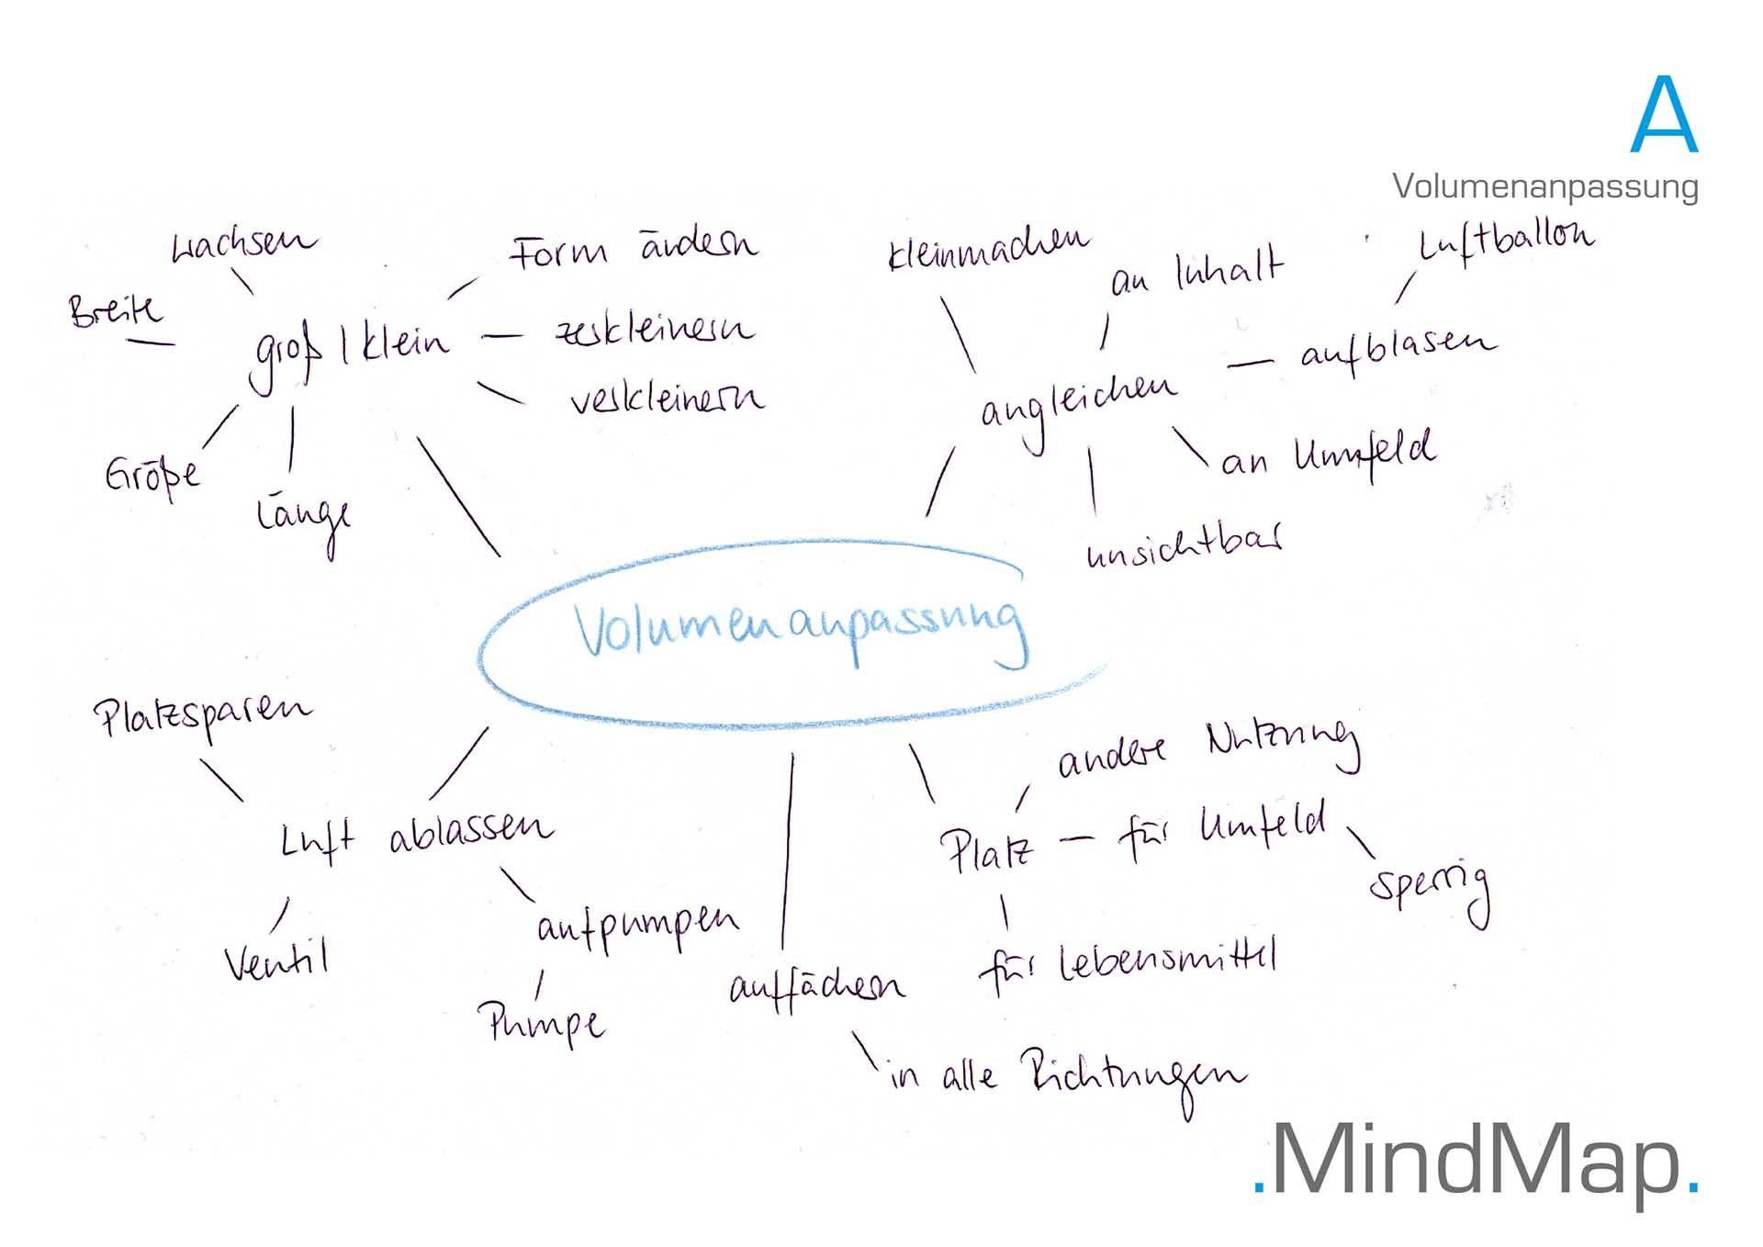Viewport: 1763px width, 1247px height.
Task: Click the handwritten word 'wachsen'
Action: pos(243,244)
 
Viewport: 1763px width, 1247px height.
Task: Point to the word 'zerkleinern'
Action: pos(654,329)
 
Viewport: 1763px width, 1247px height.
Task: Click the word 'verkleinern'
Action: pos(666,399)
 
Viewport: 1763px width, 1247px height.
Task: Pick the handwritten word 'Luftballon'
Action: pos(1506,241)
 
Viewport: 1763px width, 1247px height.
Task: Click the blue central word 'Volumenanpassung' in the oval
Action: pos(799,628)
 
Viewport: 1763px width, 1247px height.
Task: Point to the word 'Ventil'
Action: pos(276,961)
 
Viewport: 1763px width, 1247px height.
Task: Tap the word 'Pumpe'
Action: pos(542,1022)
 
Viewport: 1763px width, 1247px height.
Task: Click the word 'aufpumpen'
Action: pos(637,926)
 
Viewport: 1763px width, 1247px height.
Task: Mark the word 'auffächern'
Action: pos(816,988)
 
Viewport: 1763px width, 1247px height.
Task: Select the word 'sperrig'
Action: pos(1428,886)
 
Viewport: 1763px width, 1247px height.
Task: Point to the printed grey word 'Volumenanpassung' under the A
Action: pos(1544,186)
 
